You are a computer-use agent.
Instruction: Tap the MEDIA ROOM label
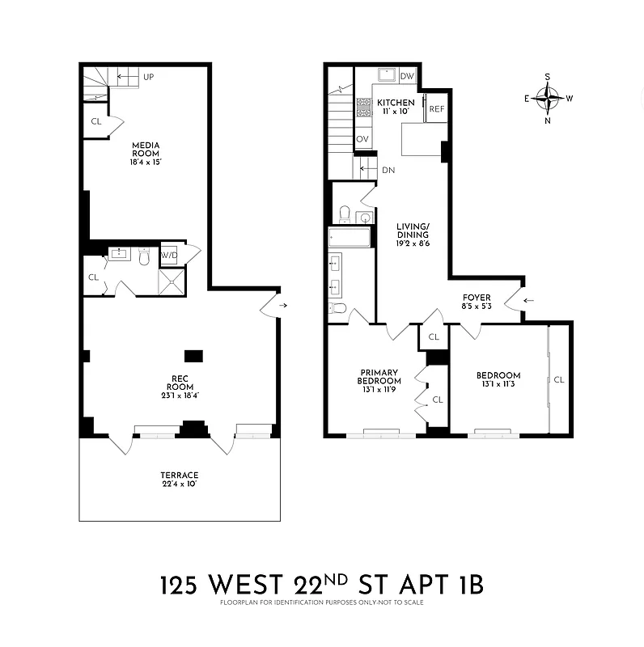[x=146, y=149]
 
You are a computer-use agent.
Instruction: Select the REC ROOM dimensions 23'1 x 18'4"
[x=179, y=395]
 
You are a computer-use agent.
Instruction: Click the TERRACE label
[x=179, y=475]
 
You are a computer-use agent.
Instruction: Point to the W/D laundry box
[x=170, y=256]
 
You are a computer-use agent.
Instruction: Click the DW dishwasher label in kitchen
[x=408, y=76]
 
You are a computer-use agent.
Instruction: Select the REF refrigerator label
[x=437, y=109]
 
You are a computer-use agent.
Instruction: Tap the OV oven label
[x=363, y=139]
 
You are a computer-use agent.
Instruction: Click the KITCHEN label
[x=396, y=103]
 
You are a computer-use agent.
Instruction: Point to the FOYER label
[x=477, y=298]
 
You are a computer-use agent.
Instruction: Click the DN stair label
[x=388, y=170]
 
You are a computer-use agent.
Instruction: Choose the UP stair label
[x=148, y=77]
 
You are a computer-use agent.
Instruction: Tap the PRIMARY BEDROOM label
[x=379, y=376]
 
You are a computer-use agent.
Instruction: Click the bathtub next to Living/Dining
[x=350, y=237]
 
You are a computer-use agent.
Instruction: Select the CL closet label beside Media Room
[x=95, y=122]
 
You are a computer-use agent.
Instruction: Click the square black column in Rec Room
[x=193, y=355]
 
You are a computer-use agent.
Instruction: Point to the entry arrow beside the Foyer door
[x=530, y=301]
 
